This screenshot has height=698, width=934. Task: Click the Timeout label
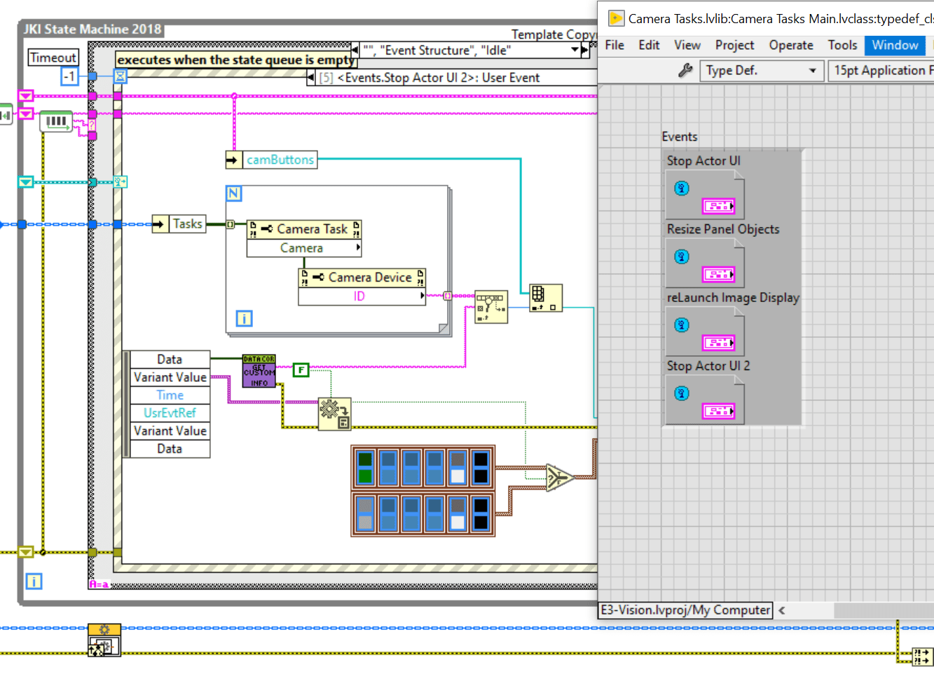53,57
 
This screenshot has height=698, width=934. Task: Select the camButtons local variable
279,160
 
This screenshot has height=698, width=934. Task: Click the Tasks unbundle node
186,224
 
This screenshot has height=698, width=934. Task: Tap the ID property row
359,296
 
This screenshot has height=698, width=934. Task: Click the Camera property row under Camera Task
302,248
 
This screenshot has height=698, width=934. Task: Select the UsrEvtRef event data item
170,413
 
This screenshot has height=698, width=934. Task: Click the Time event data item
170,395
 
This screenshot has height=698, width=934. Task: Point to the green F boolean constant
301,369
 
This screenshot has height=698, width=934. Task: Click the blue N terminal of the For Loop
233,193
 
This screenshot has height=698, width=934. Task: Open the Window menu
895,45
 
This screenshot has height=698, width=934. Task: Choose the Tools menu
842,45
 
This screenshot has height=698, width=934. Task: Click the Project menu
734,45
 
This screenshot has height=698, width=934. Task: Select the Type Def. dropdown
761,71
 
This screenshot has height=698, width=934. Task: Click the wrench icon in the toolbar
685,70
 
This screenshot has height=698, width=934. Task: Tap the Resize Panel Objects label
723,229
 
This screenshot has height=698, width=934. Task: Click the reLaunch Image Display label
733,297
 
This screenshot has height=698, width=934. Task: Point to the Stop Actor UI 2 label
708,366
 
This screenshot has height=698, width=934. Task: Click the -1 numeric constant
69,76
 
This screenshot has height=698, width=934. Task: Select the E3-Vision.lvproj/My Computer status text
685,610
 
